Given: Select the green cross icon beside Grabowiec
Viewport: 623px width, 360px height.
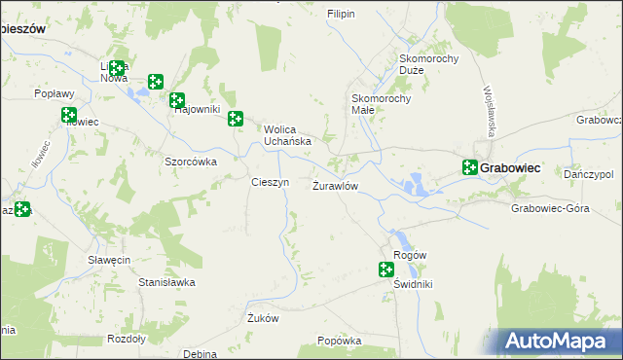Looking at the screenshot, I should [469, 167].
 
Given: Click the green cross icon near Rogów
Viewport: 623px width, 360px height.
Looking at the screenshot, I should [386, 270].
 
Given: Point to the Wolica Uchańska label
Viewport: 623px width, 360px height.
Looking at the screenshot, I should [287, 134].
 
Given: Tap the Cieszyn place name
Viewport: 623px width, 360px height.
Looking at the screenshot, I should [270, 183].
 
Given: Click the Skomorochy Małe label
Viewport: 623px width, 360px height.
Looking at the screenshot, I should [382, 104].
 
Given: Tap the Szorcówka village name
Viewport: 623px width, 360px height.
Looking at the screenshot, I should [190, 162].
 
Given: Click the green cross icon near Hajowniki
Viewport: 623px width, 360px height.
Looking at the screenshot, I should [177, 99].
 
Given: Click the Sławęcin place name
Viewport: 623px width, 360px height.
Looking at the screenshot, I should [109, 260].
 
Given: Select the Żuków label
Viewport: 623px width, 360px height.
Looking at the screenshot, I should [263, 318].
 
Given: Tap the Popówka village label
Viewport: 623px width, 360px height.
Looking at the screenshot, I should [340, 342].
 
